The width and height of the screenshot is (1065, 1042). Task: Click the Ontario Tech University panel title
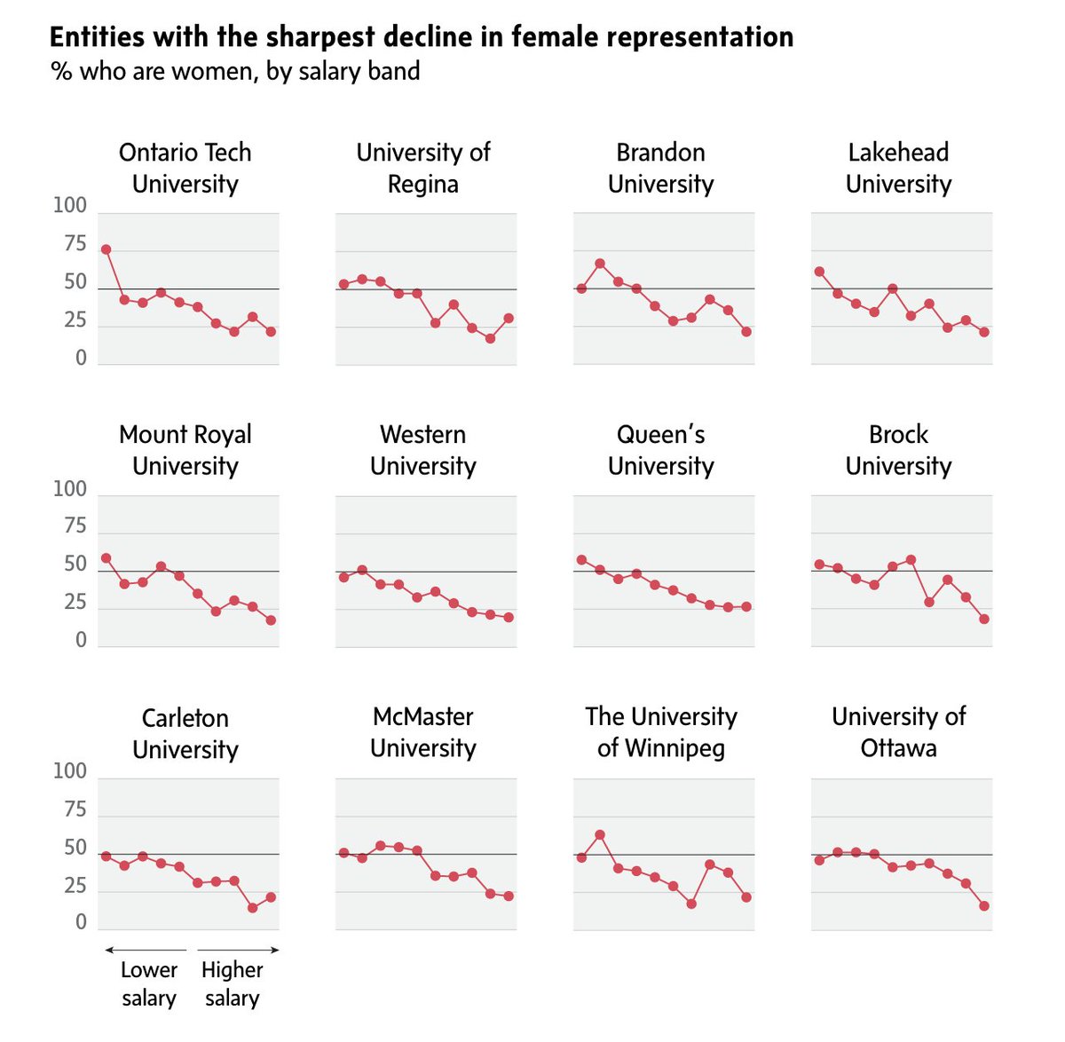point(185,168)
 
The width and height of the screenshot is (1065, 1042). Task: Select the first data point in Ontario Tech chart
point(106,249)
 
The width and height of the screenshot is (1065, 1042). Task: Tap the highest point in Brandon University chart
point(600,264)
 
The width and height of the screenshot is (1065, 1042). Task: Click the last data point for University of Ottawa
point(984,906)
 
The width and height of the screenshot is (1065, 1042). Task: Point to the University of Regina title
point(422,168)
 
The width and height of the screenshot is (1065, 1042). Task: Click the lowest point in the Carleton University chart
point(253,908)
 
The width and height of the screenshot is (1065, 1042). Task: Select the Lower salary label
point(148,983)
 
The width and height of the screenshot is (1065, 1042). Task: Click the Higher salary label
point(232,983)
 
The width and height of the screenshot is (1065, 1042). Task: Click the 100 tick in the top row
point(70,206)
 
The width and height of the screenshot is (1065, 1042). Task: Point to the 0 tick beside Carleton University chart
point(81,923)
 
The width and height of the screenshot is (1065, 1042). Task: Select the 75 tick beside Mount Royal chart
point(75,526)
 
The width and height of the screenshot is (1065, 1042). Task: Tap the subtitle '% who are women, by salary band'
point(235,71)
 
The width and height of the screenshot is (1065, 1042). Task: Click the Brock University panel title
point(898,450)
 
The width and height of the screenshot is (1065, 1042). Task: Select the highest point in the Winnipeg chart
point(600,835)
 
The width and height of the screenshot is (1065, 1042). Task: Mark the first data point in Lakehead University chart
point(819,272)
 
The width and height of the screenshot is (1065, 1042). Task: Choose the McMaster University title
point(422,732)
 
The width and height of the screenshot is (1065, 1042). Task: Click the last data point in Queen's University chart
point(746,607)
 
